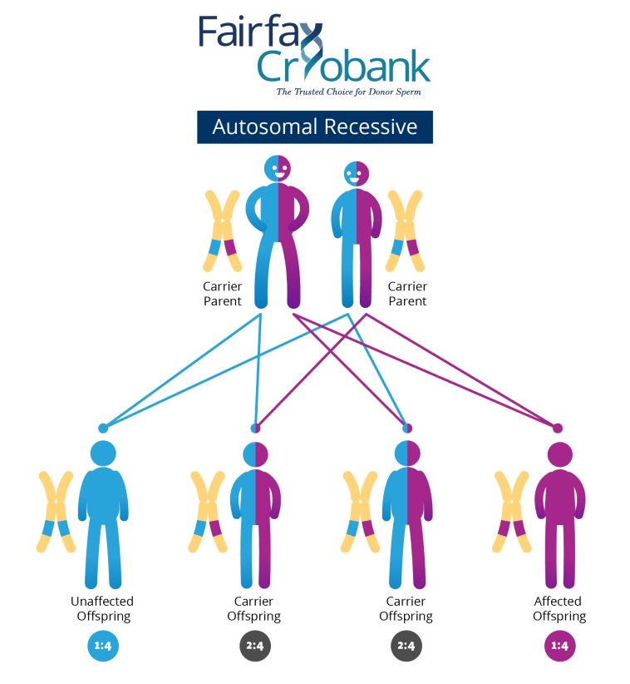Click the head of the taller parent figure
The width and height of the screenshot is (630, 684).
pyautogui.click(x=278, y=169)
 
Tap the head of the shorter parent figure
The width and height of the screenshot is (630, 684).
pyautogui.click(x=356, y=174)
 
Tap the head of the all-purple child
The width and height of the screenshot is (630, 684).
pyautogui.click(x=559, y=454)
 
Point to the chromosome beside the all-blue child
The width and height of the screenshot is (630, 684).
pyautogui.click(x=57, y=511)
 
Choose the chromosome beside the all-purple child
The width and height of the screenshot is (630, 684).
pyautogui.click(x=512, y=511)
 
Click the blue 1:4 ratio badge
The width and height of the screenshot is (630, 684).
pyautogui.click(x=103, y=646)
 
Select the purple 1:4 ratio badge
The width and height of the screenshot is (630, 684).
pyautogui.click(x=559, y=646)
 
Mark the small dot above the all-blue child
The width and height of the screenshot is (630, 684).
pyautogui.click(x=103, y=428)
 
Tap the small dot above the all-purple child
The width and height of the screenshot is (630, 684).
pyautogui.click(x=558, y=428)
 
